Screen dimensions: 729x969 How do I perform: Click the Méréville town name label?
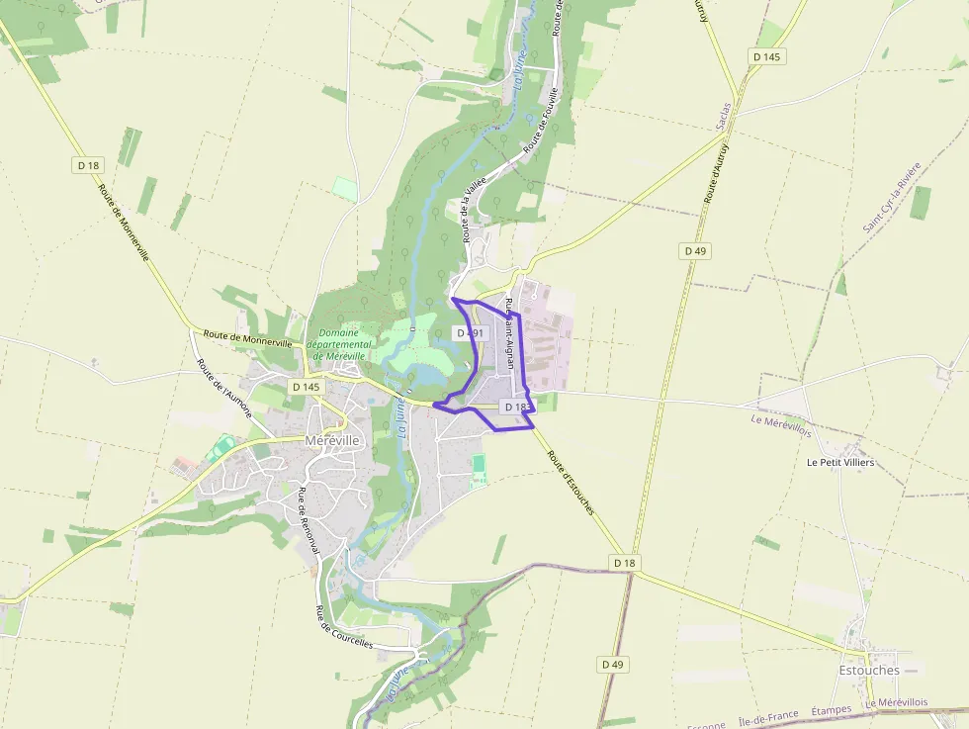point(333,440)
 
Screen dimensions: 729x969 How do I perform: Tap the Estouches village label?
point(869,670)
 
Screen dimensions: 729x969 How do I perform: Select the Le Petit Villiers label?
point(840,462)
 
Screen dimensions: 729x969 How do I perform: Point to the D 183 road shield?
point(516,407)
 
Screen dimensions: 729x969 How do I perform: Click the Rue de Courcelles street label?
point(343,627)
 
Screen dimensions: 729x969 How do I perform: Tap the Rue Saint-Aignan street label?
point(510,333)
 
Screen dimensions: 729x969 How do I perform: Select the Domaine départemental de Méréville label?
point(338,344)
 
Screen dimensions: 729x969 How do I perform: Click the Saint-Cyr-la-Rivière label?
point(892,196)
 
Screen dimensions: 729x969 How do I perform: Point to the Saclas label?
point(726,116)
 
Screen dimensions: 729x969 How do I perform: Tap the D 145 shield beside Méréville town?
point(307,386)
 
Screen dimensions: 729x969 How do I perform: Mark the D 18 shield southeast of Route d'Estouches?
point(624,563)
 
